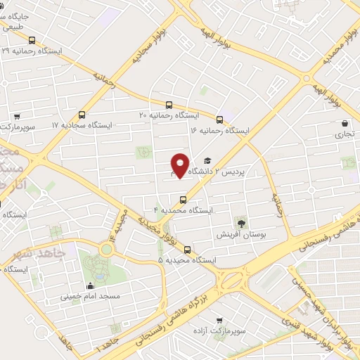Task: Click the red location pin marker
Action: click(x=180, y=165)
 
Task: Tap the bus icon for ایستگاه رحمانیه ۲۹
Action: click(x=32, y=40)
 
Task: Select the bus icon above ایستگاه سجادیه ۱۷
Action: click(x=82, y=115)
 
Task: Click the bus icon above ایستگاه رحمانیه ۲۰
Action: click(x=168, y=105)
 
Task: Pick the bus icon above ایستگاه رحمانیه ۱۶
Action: click(x=220, y=120)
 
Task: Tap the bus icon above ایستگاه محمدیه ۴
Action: click(x=183, y=198)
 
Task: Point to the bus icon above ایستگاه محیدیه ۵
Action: click(x=187, y=249)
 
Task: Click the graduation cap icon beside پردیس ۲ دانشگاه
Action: click(x=207, y=161)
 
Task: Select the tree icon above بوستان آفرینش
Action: click(x=243, y=222)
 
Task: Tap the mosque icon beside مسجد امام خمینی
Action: click(x=90, y=285)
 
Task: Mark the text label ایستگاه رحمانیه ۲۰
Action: click(x=169, y=115)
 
